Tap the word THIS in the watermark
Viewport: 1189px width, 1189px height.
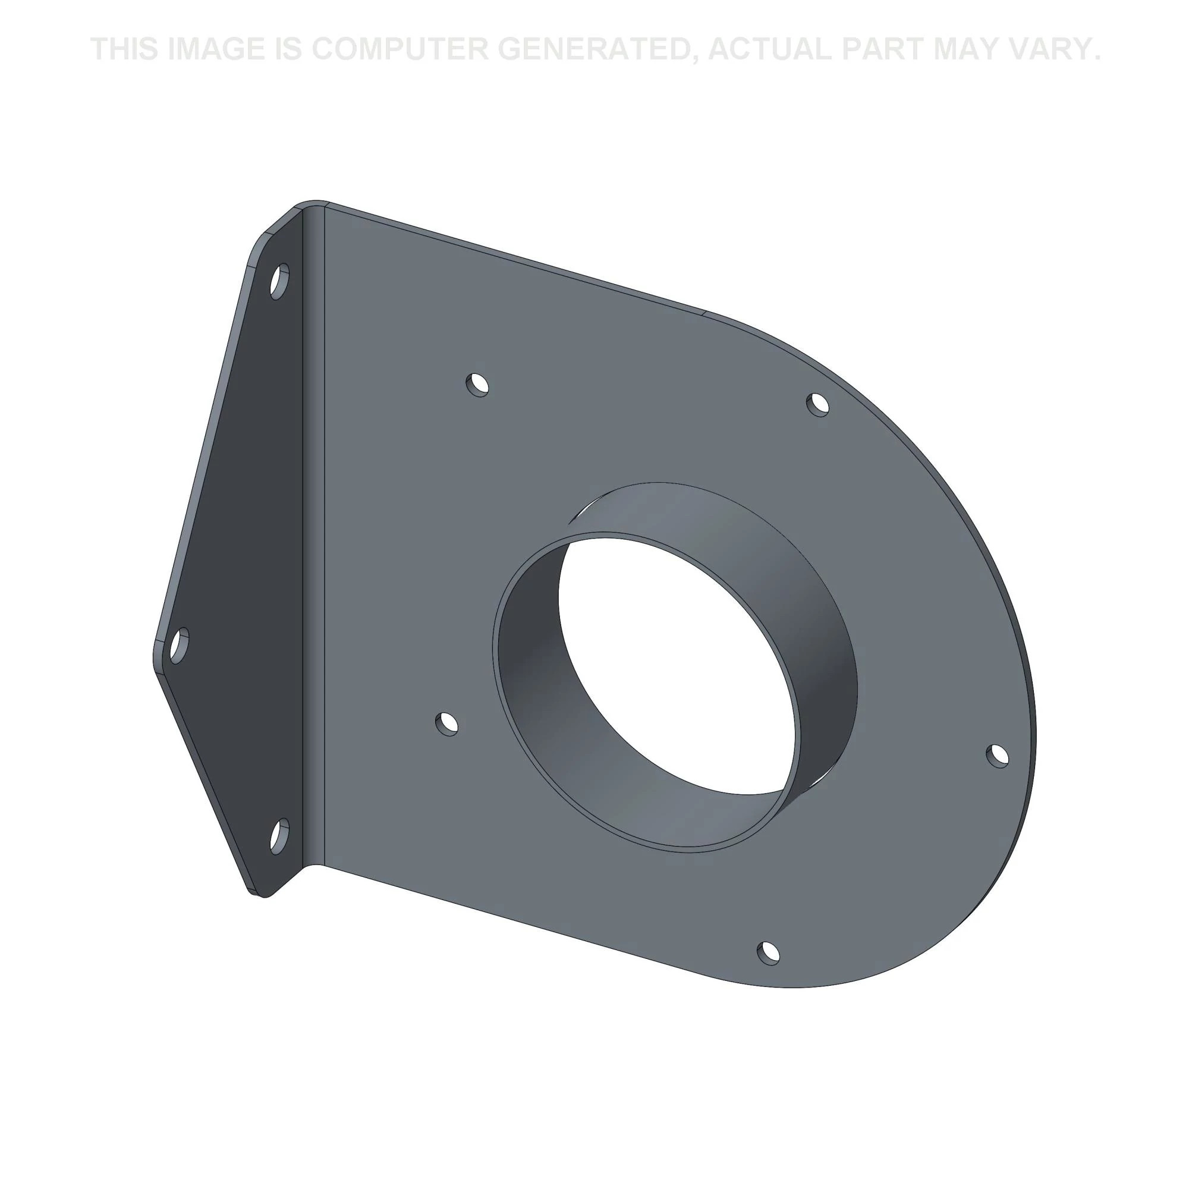125,49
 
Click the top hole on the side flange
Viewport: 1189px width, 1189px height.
279,281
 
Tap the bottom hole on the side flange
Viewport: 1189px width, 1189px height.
279,836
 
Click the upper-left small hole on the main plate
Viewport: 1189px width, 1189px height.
477,385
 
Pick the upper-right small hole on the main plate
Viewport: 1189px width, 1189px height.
818,405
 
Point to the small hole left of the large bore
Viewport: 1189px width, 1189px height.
447,724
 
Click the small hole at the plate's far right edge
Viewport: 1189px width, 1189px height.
998,756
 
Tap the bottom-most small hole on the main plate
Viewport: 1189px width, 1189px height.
767,952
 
